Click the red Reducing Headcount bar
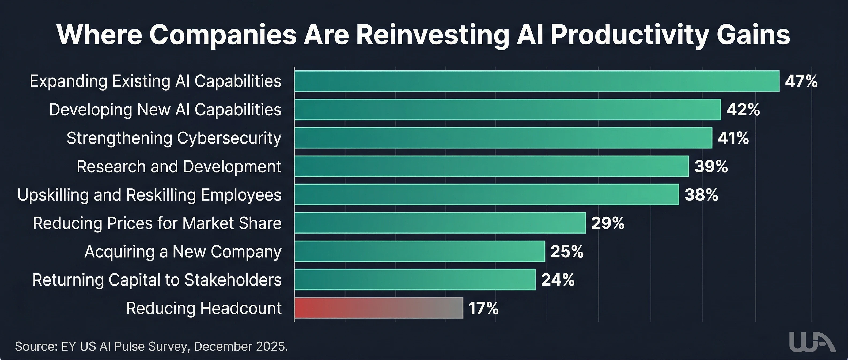[378, 308]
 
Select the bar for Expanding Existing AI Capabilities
[537, 81]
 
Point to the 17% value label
[483, 309]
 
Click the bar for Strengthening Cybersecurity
[503, 138]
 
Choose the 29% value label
[608, 223]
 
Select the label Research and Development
[179, 167]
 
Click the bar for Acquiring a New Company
[419, 251]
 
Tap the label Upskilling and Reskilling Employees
[149, 195]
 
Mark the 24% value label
[558, 280]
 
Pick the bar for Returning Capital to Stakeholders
[415, 280]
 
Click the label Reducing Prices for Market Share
[157, 223]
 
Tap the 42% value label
[743, 110]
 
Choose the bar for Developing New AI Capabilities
[507, 109]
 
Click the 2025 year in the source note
[272, 347]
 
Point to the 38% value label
[701, 195]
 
